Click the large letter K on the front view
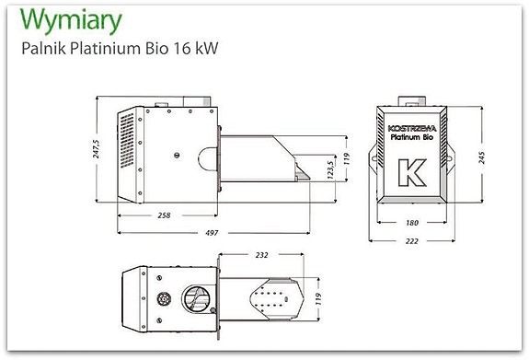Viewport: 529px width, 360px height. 406,172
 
